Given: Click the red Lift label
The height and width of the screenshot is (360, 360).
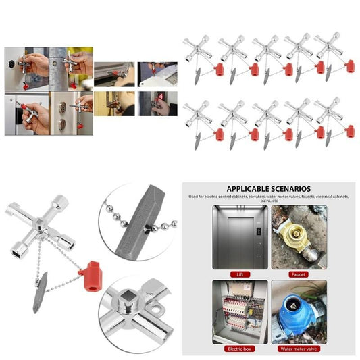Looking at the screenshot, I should [x=239, y=274].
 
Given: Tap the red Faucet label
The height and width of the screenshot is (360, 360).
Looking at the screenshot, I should [x=299, y=274].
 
